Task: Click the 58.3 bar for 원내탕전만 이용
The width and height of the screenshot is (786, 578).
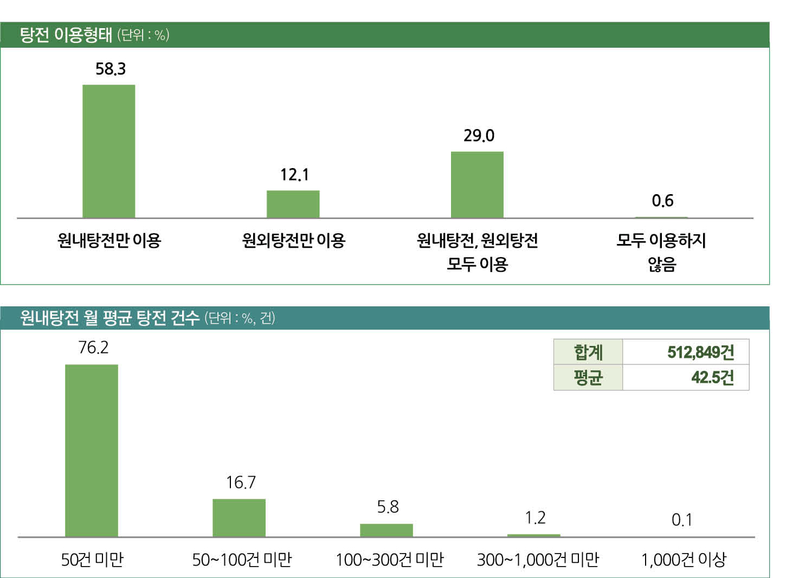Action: click(108, 151)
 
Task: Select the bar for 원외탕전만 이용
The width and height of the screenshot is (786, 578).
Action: click(293, 204)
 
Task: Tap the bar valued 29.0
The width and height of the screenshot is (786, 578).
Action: click(477, 184)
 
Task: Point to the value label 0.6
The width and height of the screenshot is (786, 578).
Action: click(662, 201)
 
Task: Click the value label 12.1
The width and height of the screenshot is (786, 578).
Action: click(294, 175)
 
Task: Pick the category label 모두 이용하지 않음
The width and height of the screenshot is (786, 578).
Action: click(661, 252)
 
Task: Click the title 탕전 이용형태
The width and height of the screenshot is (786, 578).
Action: click(66, 35)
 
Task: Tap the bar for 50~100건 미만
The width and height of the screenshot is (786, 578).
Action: click(239, 518)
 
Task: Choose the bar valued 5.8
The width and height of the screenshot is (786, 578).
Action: click(386, 530)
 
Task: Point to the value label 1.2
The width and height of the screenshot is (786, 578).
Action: click(535, 518)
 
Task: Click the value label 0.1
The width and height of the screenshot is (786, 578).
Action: click(682, 520)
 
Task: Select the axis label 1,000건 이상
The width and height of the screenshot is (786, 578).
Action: click(684, 560)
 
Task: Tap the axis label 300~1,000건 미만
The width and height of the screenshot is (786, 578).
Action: click(538, 560)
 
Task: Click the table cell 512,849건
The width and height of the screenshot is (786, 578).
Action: click(700, 352)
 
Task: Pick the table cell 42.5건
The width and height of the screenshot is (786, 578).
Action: click(712, 377)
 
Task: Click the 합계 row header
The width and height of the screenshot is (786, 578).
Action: click(588, 352)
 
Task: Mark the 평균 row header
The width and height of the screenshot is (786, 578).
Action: click(588, 377)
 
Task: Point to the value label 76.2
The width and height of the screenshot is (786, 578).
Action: click(93, 348)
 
